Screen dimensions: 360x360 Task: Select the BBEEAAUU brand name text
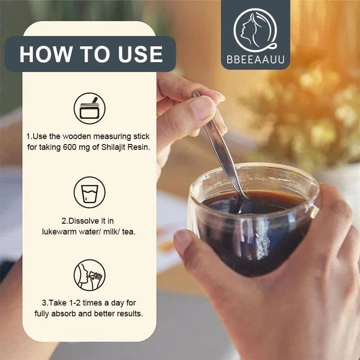[256, 59]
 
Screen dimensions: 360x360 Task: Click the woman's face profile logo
[255, 29]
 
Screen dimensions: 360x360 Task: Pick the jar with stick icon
[90, 108]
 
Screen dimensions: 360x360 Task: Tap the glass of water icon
[90, 193]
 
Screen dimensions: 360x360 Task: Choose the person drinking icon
[90, 275]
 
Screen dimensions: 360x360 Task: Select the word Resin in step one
[139, 147]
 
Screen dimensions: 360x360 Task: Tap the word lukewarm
[59, 232]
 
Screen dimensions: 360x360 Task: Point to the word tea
[129, 232]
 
